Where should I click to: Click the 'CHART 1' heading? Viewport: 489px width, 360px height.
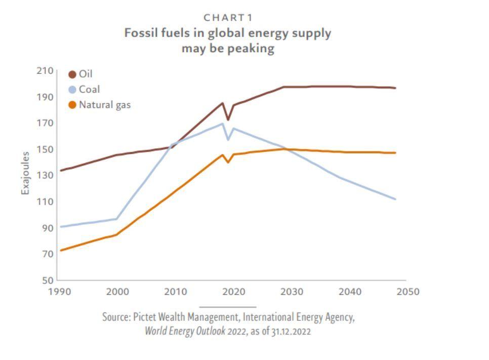click(x=228, y=18)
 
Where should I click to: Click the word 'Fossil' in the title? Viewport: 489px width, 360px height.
click(x=139, y=33)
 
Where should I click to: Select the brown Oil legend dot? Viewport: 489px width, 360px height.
click(x=72, y=74)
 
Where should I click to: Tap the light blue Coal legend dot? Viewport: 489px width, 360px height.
click(x=72, y=90)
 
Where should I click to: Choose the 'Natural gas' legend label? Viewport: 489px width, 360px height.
click(x=105, y=105)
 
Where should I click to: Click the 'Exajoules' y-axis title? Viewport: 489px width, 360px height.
click(x=25, y=173)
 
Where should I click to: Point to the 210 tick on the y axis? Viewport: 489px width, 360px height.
click(x=45, y=70)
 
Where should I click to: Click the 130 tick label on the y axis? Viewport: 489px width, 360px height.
click(x=45, y=175)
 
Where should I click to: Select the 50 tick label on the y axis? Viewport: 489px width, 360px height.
click(x=47, y=280)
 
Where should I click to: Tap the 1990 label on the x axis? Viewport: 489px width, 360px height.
click(x=60, y=292)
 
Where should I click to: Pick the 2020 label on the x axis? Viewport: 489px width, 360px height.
click(x=234, y=292)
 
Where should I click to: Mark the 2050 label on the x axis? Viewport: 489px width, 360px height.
click(x=408, y=292)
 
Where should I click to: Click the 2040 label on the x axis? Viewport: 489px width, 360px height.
click(x=350, y=292)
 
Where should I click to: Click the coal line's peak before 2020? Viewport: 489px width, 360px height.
click(x=222, y=124)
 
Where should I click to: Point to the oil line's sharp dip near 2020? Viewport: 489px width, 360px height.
click(x=228, y=119)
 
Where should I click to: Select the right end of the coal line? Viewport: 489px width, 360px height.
click(x=395, y=199)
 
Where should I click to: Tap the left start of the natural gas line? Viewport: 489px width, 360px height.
click(x=61, y=250)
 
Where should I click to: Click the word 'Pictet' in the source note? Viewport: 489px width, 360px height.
click(x=145, y=317)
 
